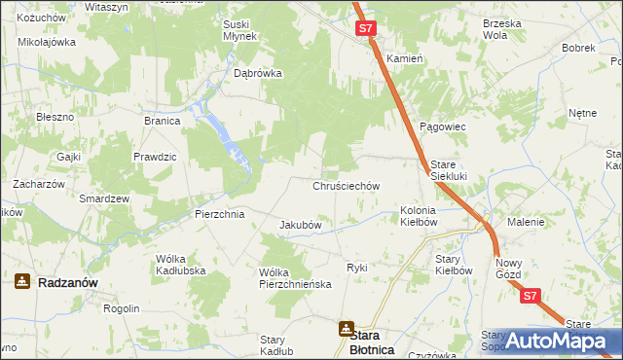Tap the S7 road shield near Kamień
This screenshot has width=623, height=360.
tap(365, 29)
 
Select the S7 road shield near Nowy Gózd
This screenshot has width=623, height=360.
tap(530, 297)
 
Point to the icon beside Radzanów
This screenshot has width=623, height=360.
tap(22, 281)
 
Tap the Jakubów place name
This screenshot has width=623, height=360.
tap(301, 225)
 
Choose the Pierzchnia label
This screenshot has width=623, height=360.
tap(218, 214)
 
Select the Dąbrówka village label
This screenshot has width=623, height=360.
tap(258, 72)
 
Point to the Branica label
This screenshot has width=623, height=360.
tap(163, 121)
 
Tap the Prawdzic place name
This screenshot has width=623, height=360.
tap(155, 157)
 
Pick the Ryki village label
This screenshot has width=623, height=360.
tap(357, 268)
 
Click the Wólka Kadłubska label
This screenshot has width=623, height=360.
tap(181, 265)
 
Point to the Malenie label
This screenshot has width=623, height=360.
tap(526, 222)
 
